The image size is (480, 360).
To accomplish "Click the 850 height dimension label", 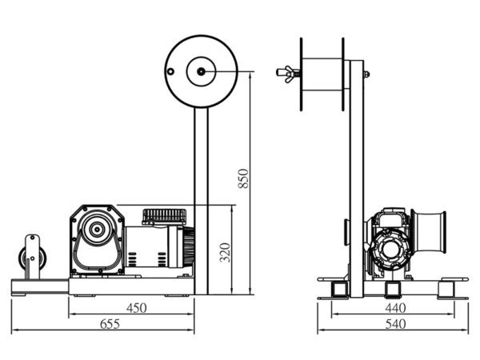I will pos(244,178).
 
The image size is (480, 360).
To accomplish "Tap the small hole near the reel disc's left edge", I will pos(171,71).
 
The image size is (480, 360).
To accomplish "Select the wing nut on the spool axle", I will pos(284,72).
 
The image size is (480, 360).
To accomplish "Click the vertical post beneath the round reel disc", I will pos(200,200).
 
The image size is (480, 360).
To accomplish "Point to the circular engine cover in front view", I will pos(392,250).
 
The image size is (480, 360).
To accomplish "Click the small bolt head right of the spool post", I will pos(367,74).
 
